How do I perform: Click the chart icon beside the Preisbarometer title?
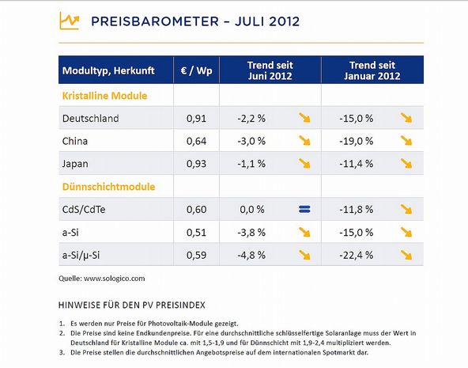(70, 21)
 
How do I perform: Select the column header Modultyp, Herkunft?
(108, 70)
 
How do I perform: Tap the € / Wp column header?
(196, 70)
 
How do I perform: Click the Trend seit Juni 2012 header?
(270, 70)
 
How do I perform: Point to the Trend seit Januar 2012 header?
(372, 70)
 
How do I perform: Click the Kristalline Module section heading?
(105, 96)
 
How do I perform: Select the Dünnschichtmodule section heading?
(108, 187)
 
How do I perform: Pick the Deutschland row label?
(90, 118)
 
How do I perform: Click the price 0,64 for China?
(196, 141)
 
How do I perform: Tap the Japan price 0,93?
(196, 164)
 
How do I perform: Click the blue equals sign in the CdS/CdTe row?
(304, 209)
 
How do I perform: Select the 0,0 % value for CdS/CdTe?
(252, 210)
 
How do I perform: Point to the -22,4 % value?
(356, 255)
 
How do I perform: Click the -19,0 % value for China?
(356, 141)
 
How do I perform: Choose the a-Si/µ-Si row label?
(81, 256)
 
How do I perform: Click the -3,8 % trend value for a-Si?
(251, 233)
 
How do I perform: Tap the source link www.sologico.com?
(115, 279)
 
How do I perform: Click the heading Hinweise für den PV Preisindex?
(132, 305)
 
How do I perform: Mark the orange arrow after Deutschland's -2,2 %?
(304, 118)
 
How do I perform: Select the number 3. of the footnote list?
(62, 352)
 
